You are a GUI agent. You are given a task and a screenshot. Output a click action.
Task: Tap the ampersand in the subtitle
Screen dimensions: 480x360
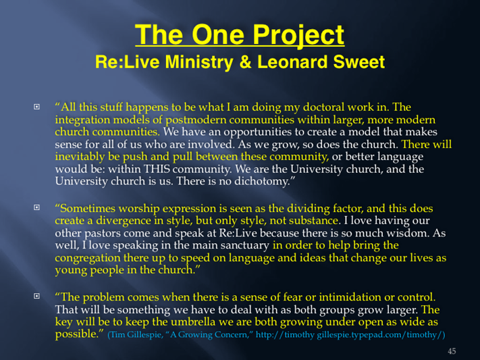pos(245,62)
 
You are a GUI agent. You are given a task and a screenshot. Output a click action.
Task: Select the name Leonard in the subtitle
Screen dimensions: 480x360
pos(292,62)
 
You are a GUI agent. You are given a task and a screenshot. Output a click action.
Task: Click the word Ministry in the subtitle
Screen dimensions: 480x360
pos(199,63)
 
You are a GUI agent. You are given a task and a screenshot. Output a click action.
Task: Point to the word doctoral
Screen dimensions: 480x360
pos(323,107)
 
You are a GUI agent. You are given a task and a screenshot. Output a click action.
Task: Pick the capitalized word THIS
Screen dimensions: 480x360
pos(157,169)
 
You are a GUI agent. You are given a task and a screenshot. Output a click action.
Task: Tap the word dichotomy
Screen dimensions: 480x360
pos(261,182)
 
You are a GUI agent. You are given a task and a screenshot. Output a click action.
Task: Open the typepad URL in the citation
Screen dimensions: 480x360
pos(350,334)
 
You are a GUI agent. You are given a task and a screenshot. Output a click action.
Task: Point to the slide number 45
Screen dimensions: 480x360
pos(452,351)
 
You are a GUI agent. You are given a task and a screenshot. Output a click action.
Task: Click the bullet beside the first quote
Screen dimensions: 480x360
pos(36,107)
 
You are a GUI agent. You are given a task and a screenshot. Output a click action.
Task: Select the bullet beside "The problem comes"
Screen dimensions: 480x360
pos(36,296)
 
